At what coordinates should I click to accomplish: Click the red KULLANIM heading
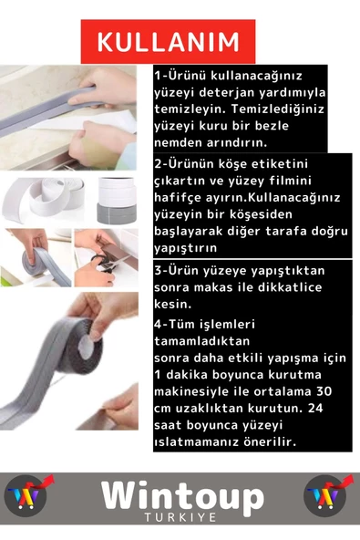(169, 42)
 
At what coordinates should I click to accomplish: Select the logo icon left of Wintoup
(30, 496)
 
